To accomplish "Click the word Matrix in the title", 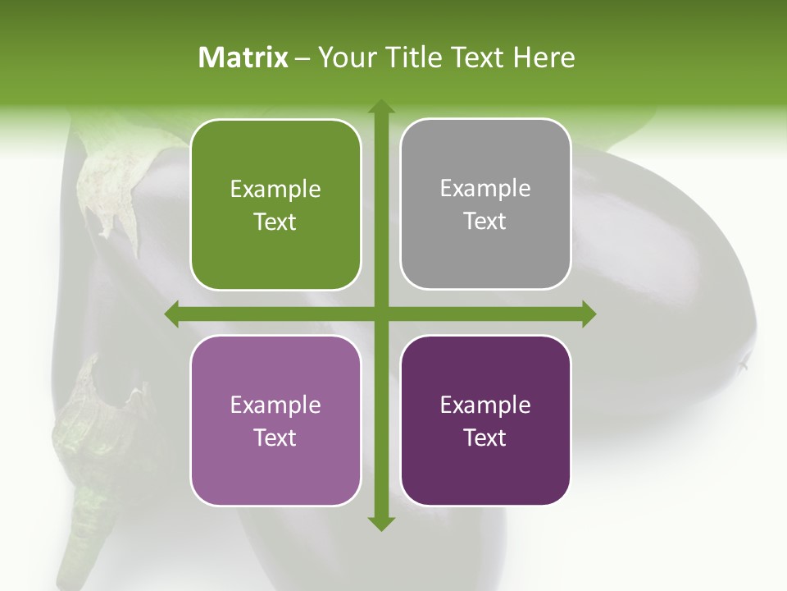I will pos(243,57).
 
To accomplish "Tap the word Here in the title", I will pos(544,57).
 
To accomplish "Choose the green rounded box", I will pos(275,204).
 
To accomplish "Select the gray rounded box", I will pos(485,204).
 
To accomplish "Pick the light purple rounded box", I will pos(275,420).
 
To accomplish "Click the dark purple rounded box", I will pos(485,420).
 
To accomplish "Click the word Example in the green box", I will pos(275,190).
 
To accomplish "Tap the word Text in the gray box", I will pos(485,222).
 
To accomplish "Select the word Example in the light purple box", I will pos(275,405).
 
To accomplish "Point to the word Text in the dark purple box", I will pos(485,438).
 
